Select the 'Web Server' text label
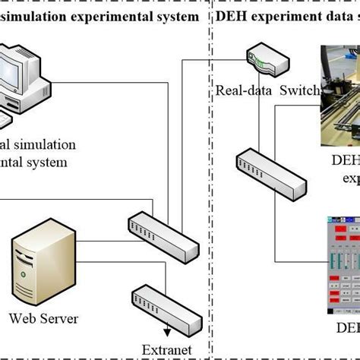pyautogui.click(x=45, y=319)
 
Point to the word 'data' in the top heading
pyautogui.click(x=332, y=16)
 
